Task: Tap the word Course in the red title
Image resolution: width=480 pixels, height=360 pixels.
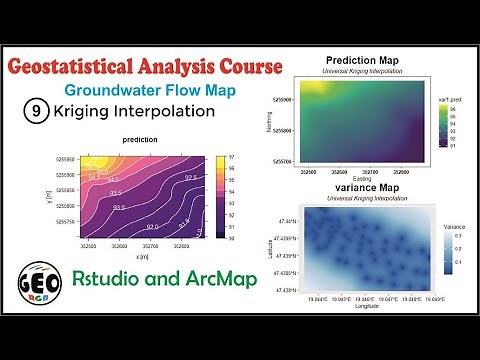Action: pyautogui.click(x=250, y=68)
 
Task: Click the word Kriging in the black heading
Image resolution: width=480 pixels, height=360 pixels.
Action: pyautogui.click(x=85, y=112)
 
